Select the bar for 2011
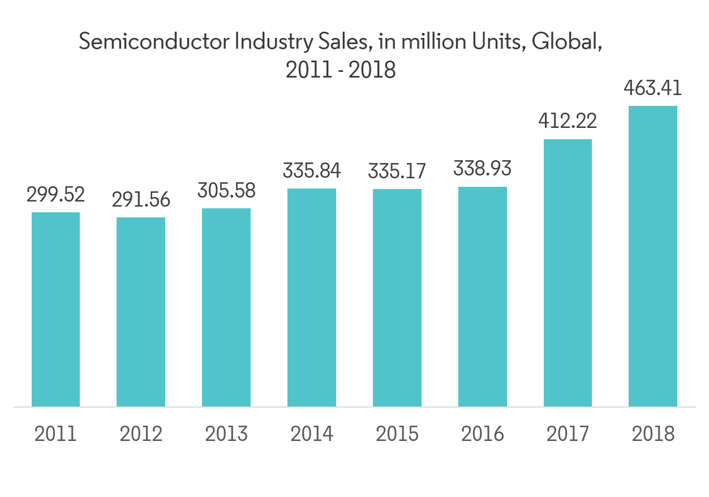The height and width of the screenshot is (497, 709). pos(55,309)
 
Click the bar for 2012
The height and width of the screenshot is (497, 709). pos(141,312)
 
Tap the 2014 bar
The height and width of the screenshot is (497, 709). pos(312,297)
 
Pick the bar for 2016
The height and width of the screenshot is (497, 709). pos(483,297)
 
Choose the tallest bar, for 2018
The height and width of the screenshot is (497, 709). pos(653,256)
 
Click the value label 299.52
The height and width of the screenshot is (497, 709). pos(55,195)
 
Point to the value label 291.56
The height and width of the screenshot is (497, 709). pos(141,200)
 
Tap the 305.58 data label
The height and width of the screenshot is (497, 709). pos(226,191)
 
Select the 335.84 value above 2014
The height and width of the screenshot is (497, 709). pos(312,171)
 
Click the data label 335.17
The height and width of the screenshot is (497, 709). pos(397,171)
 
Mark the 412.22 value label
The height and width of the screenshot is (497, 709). pos(568,121)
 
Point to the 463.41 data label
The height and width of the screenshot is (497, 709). pos(653,88)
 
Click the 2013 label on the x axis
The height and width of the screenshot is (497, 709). pos(226,434)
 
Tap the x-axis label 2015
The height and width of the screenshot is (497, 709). pos(397,434)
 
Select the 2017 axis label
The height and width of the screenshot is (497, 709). pos(568,434)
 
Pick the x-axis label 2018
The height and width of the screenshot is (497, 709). pos(653,434)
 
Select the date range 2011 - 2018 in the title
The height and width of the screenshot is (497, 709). pos(341,70)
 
